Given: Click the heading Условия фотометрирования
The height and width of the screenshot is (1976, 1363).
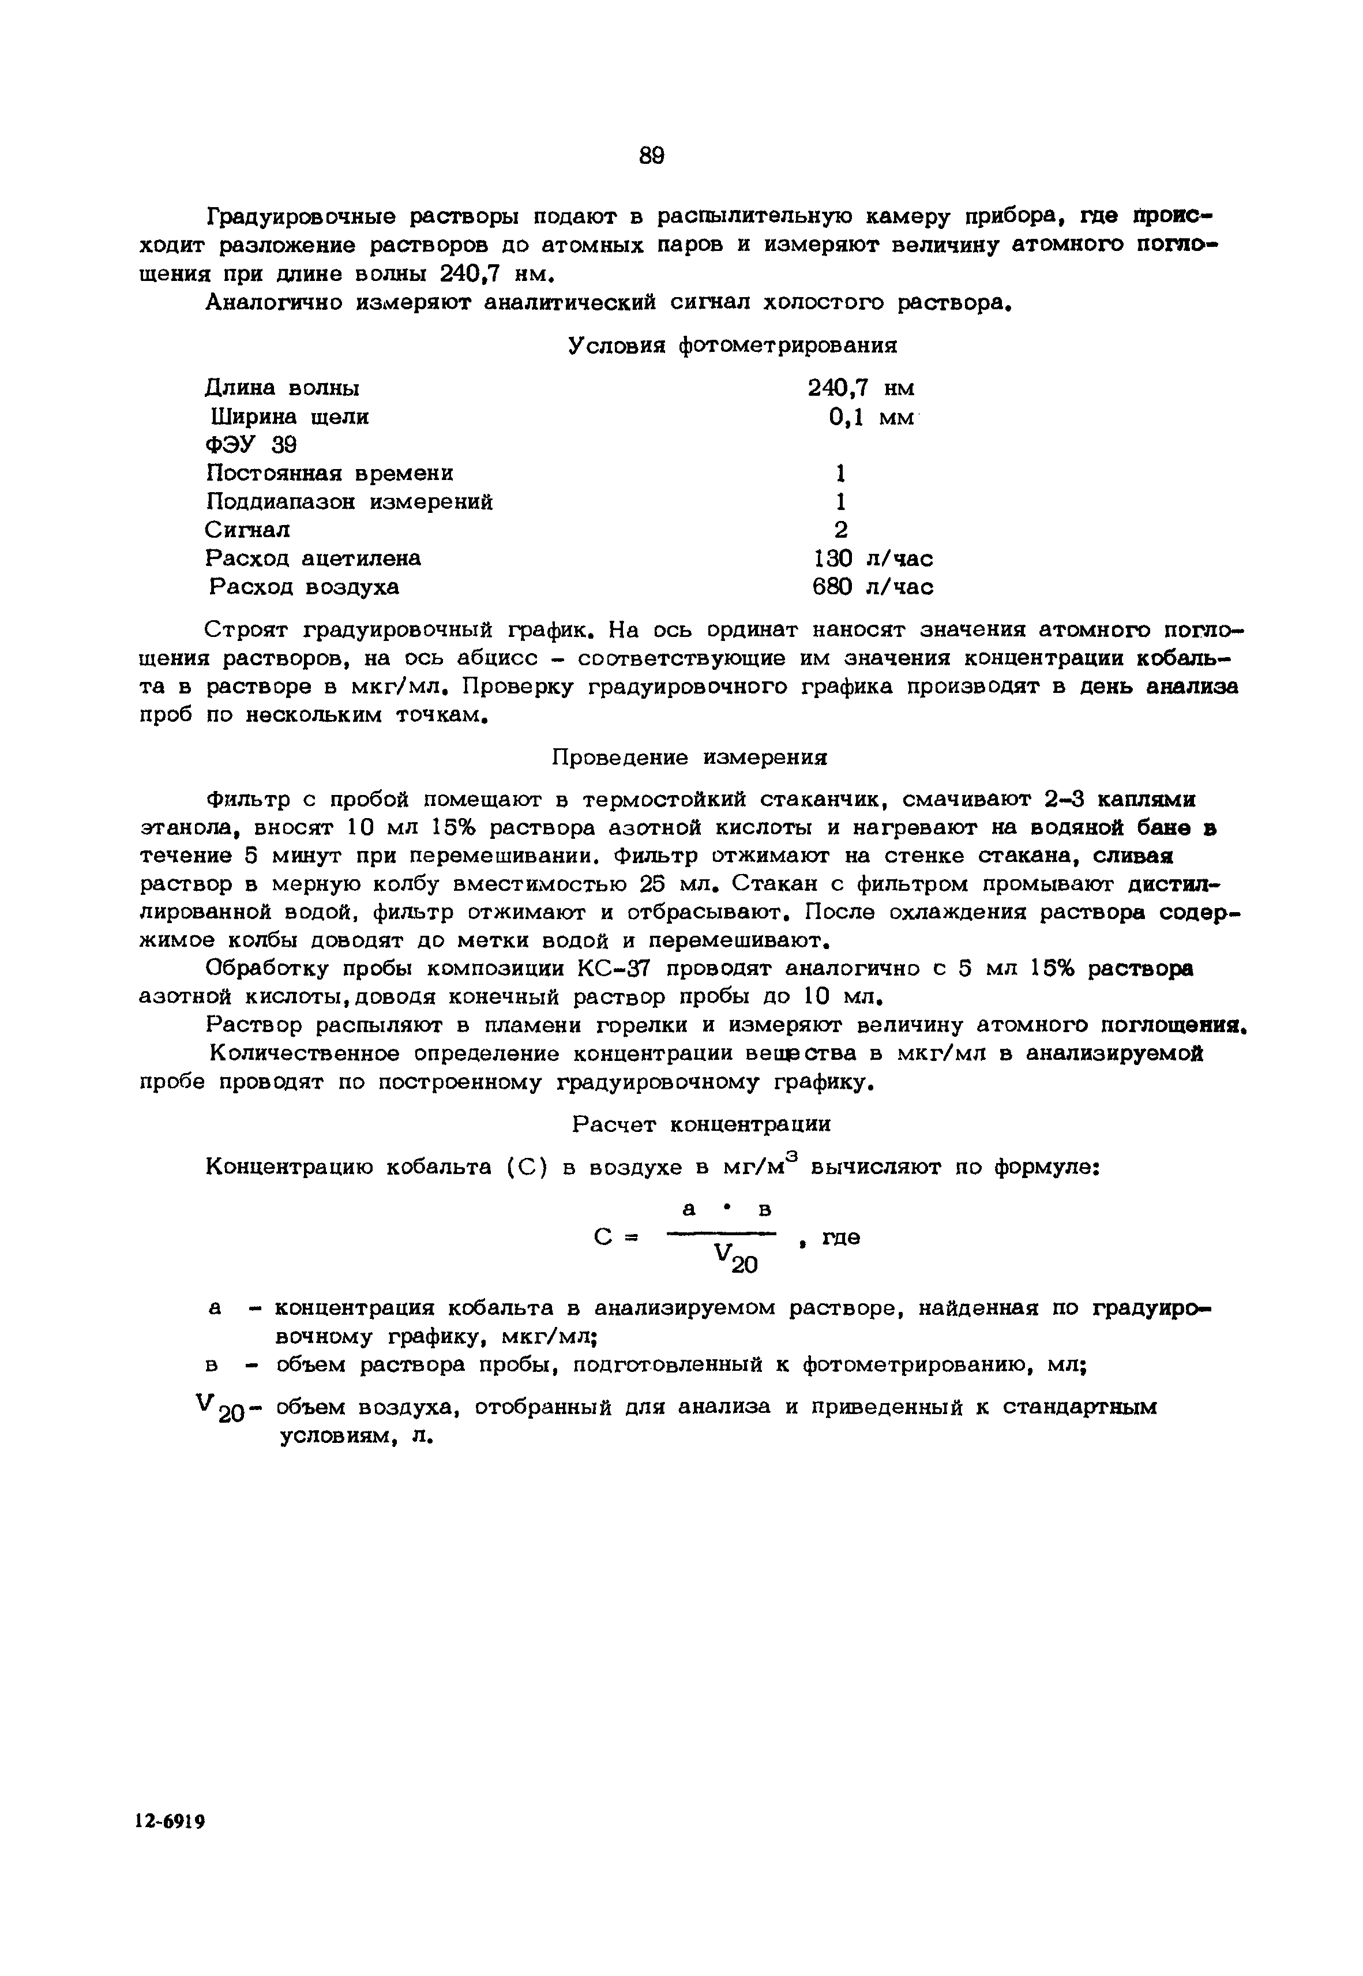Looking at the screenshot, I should click(x=732, y=345).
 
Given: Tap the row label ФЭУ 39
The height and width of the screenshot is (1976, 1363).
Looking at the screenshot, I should click(x=250, y=445).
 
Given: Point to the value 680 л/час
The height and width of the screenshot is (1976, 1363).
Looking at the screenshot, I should click(x=872, y=587).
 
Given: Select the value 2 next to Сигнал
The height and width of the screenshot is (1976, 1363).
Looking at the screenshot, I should click(x=841, y=530).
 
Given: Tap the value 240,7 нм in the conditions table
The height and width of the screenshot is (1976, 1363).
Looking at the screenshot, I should click(x=861, y=388).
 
